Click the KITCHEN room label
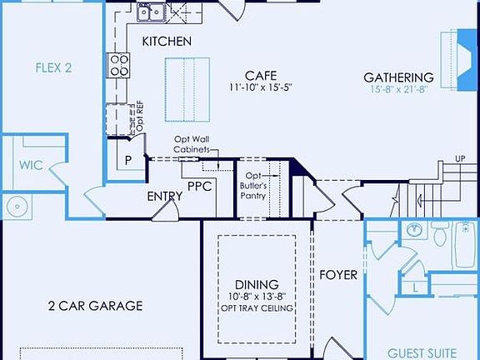167,41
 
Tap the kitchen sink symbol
150,12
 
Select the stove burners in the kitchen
119,64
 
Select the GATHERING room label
398,77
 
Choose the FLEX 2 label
53,67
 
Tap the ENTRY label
164,197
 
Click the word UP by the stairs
460,158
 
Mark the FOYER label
338,274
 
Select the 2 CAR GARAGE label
95,306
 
